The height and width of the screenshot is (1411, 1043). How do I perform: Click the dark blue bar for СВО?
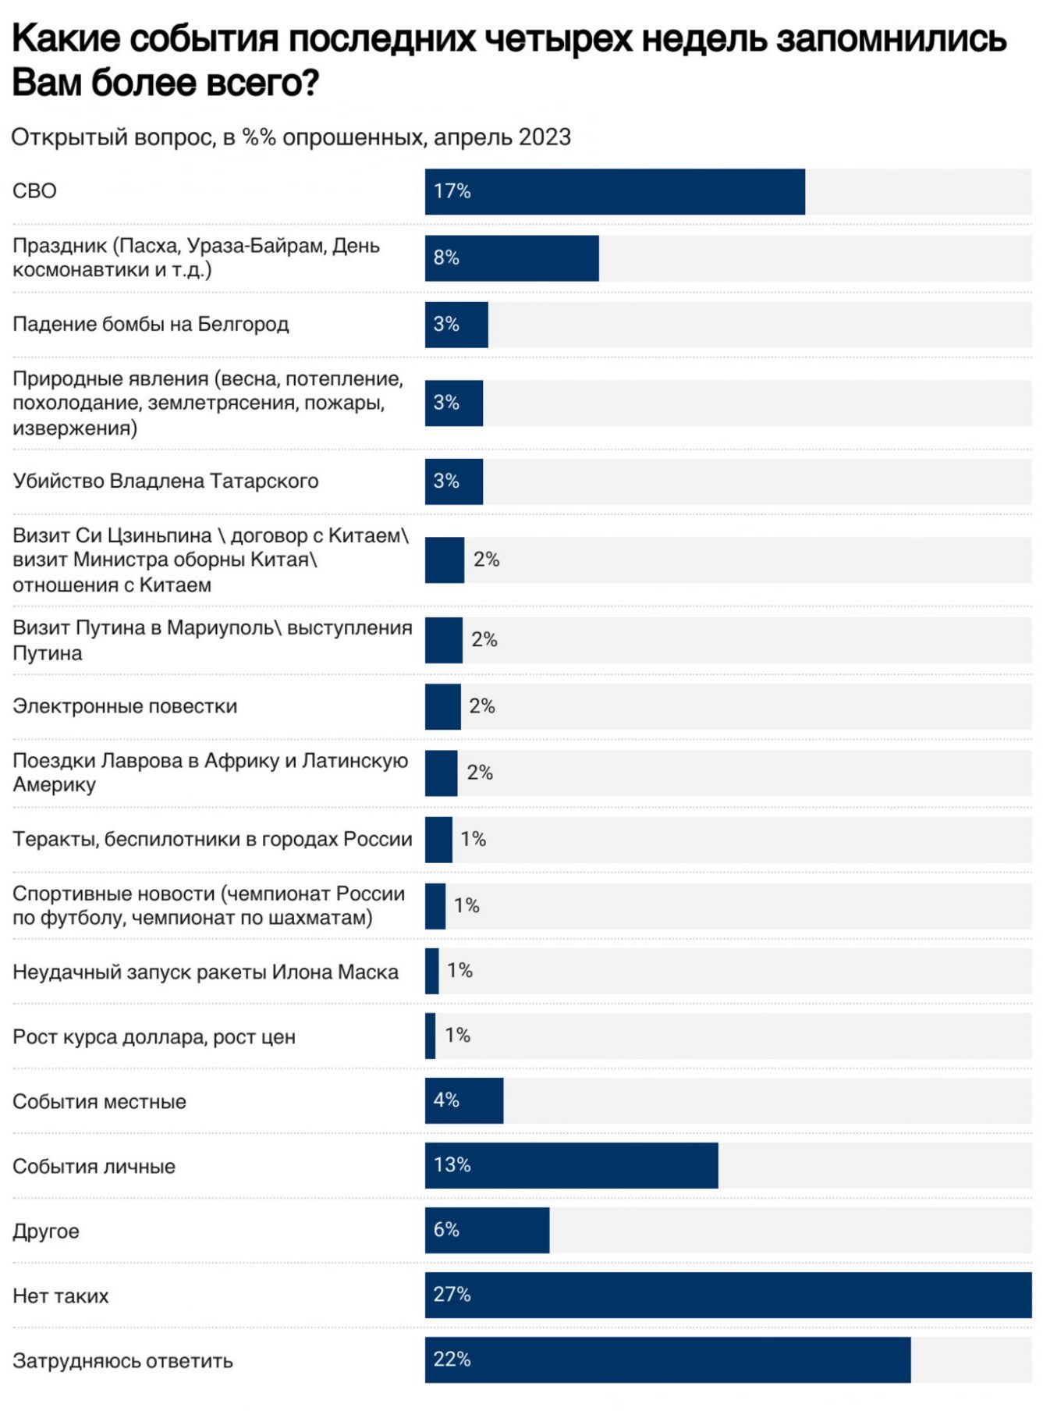click(x=615, y=191)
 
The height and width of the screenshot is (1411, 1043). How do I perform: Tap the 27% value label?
click(x=452, y=1294)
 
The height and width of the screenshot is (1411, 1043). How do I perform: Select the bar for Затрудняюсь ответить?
click(x=667, y=1359)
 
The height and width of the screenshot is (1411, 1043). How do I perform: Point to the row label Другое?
click(x=46, y=1231)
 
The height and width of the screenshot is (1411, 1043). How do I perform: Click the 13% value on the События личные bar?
click(x=452, y=1164)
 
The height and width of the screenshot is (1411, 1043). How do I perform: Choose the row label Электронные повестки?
click(x=125, y=706)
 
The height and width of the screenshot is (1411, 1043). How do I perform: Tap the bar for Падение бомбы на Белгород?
click(x=456, y=325)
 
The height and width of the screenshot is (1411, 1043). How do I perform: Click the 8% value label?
click(x=446, y=258)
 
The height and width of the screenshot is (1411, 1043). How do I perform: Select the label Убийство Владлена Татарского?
click(x=165, y=481)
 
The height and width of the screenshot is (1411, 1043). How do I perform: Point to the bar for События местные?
click(x=464, y=1100)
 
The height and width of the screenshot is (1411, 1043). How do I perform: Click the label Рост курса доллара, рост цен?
click(x=154, y=1036)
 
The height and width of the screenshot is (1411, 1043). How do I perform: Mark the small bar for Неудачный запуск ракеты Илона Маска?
click(x=431, y=971)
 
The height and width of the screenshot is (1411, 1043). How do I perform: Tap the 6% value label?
click(x=446, y=1229)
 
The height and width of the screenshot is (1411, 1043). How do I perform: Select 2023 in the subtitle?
click(x=545, y=137)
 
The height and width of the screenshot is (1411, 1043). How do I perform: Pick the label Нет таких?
click(x=61, y=1295)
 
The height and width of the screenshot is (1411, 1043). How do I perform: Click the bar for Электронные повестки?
click(x=442, y=706)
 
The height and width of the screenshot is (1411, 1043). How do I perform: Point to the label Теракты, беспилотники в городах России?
click(x=212, y=839)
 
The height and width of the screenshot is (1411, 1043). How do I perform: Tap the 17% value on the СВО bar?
click(x=452, y=191)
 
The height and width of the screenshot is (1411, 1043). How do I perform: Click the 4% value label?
click(x=446, y=1100)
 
